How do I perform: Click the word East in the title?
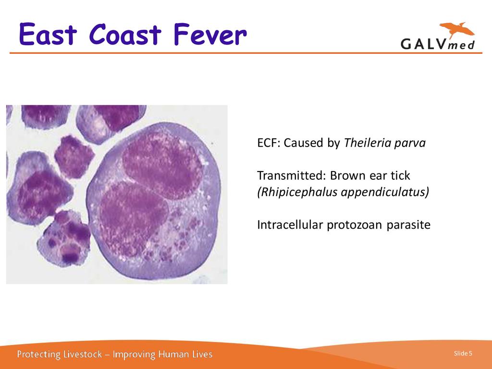[x=48, y=34]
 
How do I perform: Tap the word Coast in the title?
[x=125, y=34]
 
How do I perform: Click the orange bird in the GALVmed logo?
[x=457, y=30]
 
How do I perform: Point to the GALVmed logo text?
[x=438, y=44]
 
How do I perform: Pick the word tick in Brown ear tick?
[x=400, y=176]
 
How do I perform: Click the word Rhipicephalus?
[x=297, y=192]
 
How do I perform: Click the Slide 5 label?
[x=463, y=353]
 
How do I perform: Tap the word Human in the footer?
[x=171, y=355]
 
